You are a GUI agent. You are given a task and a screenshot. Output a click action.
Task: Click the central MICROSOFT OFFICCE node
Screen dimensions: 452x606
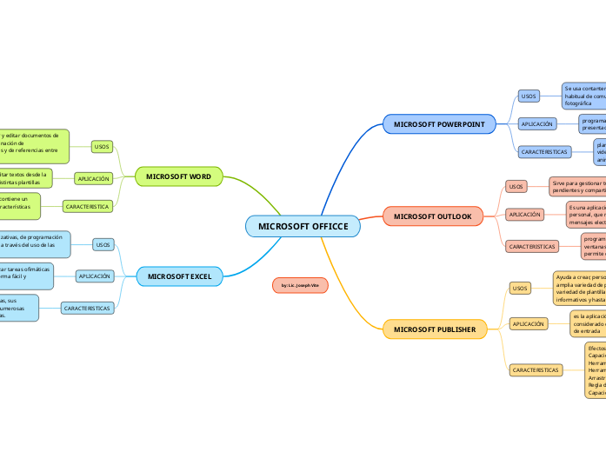click(303, 227)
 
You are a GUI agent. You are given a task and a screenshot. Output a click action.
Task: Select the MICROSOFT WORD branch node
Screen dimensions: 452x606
click(178, 176)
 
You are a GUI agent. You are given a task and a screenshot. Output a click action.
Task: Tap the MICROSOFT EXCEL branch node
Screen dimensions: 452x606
click(179, 276)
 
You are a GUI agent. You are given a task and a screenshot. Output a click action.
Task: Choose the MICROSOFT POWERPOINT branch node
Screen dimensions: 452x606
click(439, 124)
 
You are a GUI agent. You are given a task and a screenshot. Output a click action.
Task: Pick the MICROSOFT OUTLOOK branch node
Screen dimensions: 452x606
click(432, 216)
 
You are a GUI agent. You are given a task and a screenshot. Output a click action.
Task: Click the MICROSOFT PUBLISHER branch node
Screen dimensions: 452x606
click(434, 329)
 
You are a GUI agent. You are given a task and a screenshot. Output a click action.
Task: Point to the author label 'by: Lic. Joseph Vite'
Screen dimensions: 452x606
click(300, 285)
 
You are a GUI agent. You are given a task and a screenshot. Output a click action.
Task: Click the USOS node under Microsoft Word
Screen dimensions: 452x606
click(101, 147)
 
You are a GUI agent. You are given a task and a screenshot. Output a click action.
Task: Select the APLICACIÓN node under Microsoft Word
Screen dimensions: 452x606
click(94, 178)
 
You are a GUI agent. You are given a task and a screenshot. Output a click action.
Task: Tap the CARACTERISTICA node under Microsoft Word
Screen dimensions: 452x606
click(87, 207)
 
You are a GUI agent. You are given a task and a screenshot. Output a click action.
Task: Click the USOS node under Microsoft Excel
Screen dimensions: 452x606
click(103, 245)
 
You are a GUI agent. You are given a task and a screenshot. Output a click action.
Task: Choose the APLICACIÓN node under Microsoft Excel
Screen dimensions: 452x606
click(95, 276)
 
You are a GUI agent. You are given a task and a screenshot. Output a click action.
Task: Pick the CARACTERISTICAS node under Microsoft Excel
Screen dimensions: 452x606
click(87, 308)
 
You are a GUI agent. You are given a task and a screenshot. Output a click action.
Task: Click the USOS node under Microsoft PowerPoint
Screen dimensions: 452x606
click(528, 96)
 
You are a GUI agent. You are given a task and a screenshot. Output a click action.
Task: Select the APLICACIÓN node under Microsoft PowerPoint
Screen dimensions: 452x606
click(536, 124)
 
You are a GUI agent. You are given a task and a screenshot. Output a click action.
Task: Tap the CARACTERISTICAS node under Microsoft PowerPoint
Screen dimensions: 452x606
click(543, 151)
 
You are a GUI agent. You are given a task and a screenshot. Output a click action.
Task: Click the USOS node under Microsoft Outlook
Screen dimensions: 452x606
click(516, 186)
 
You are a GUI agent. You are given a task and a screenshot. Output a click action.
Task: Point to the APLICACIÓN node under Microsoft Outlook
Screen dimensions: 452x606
click(524, 214)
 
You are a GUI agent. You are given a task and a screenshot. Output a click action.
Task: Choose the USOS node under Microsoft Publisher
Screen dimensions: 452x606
click(520, 288)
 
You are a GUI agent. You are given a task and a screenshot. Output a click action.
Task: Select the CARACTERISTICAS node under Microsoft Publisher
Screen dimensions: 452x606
click(535, 370)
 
